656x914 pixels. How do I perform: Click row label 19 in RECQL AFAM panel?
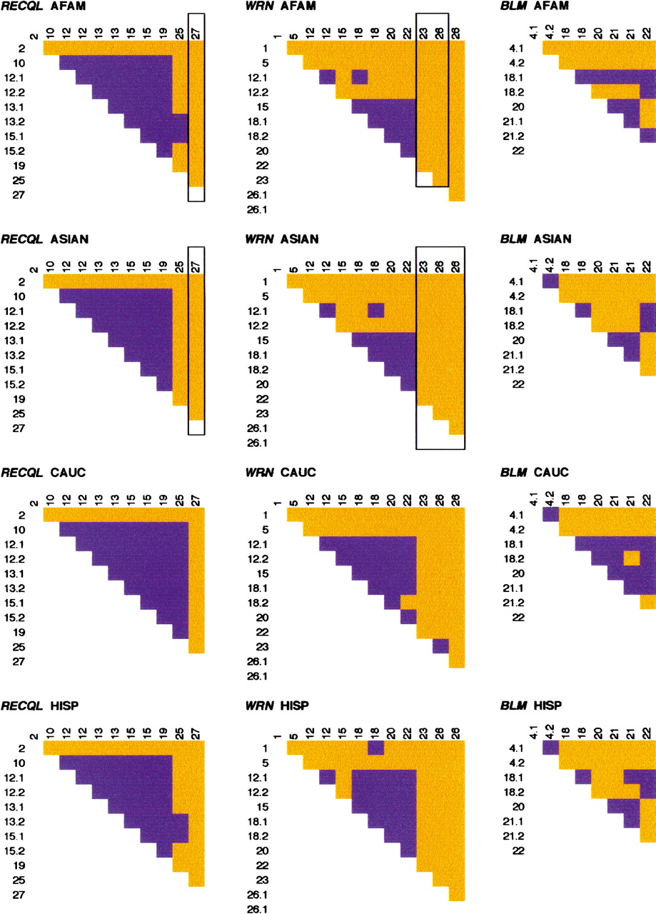tap(20, 165)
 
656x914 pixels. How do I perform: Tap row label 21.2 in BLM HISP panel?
tap(519, 835)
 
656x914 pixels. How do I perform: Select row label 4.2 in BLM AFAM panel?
tap(519, 62)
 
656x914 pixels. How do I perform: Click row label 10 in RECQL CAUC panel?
tap(20, 529)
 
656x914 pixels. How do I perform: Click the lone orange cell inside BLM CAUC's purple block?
tap(631, 556)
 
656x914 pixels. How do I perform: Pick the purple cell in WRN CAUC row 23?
tap(440, 646)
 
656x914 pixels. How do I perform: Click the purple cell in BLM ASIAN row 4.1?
tap(550, 281)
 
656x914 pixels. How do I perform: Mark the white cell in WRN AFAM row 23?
tap(424, 179)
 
